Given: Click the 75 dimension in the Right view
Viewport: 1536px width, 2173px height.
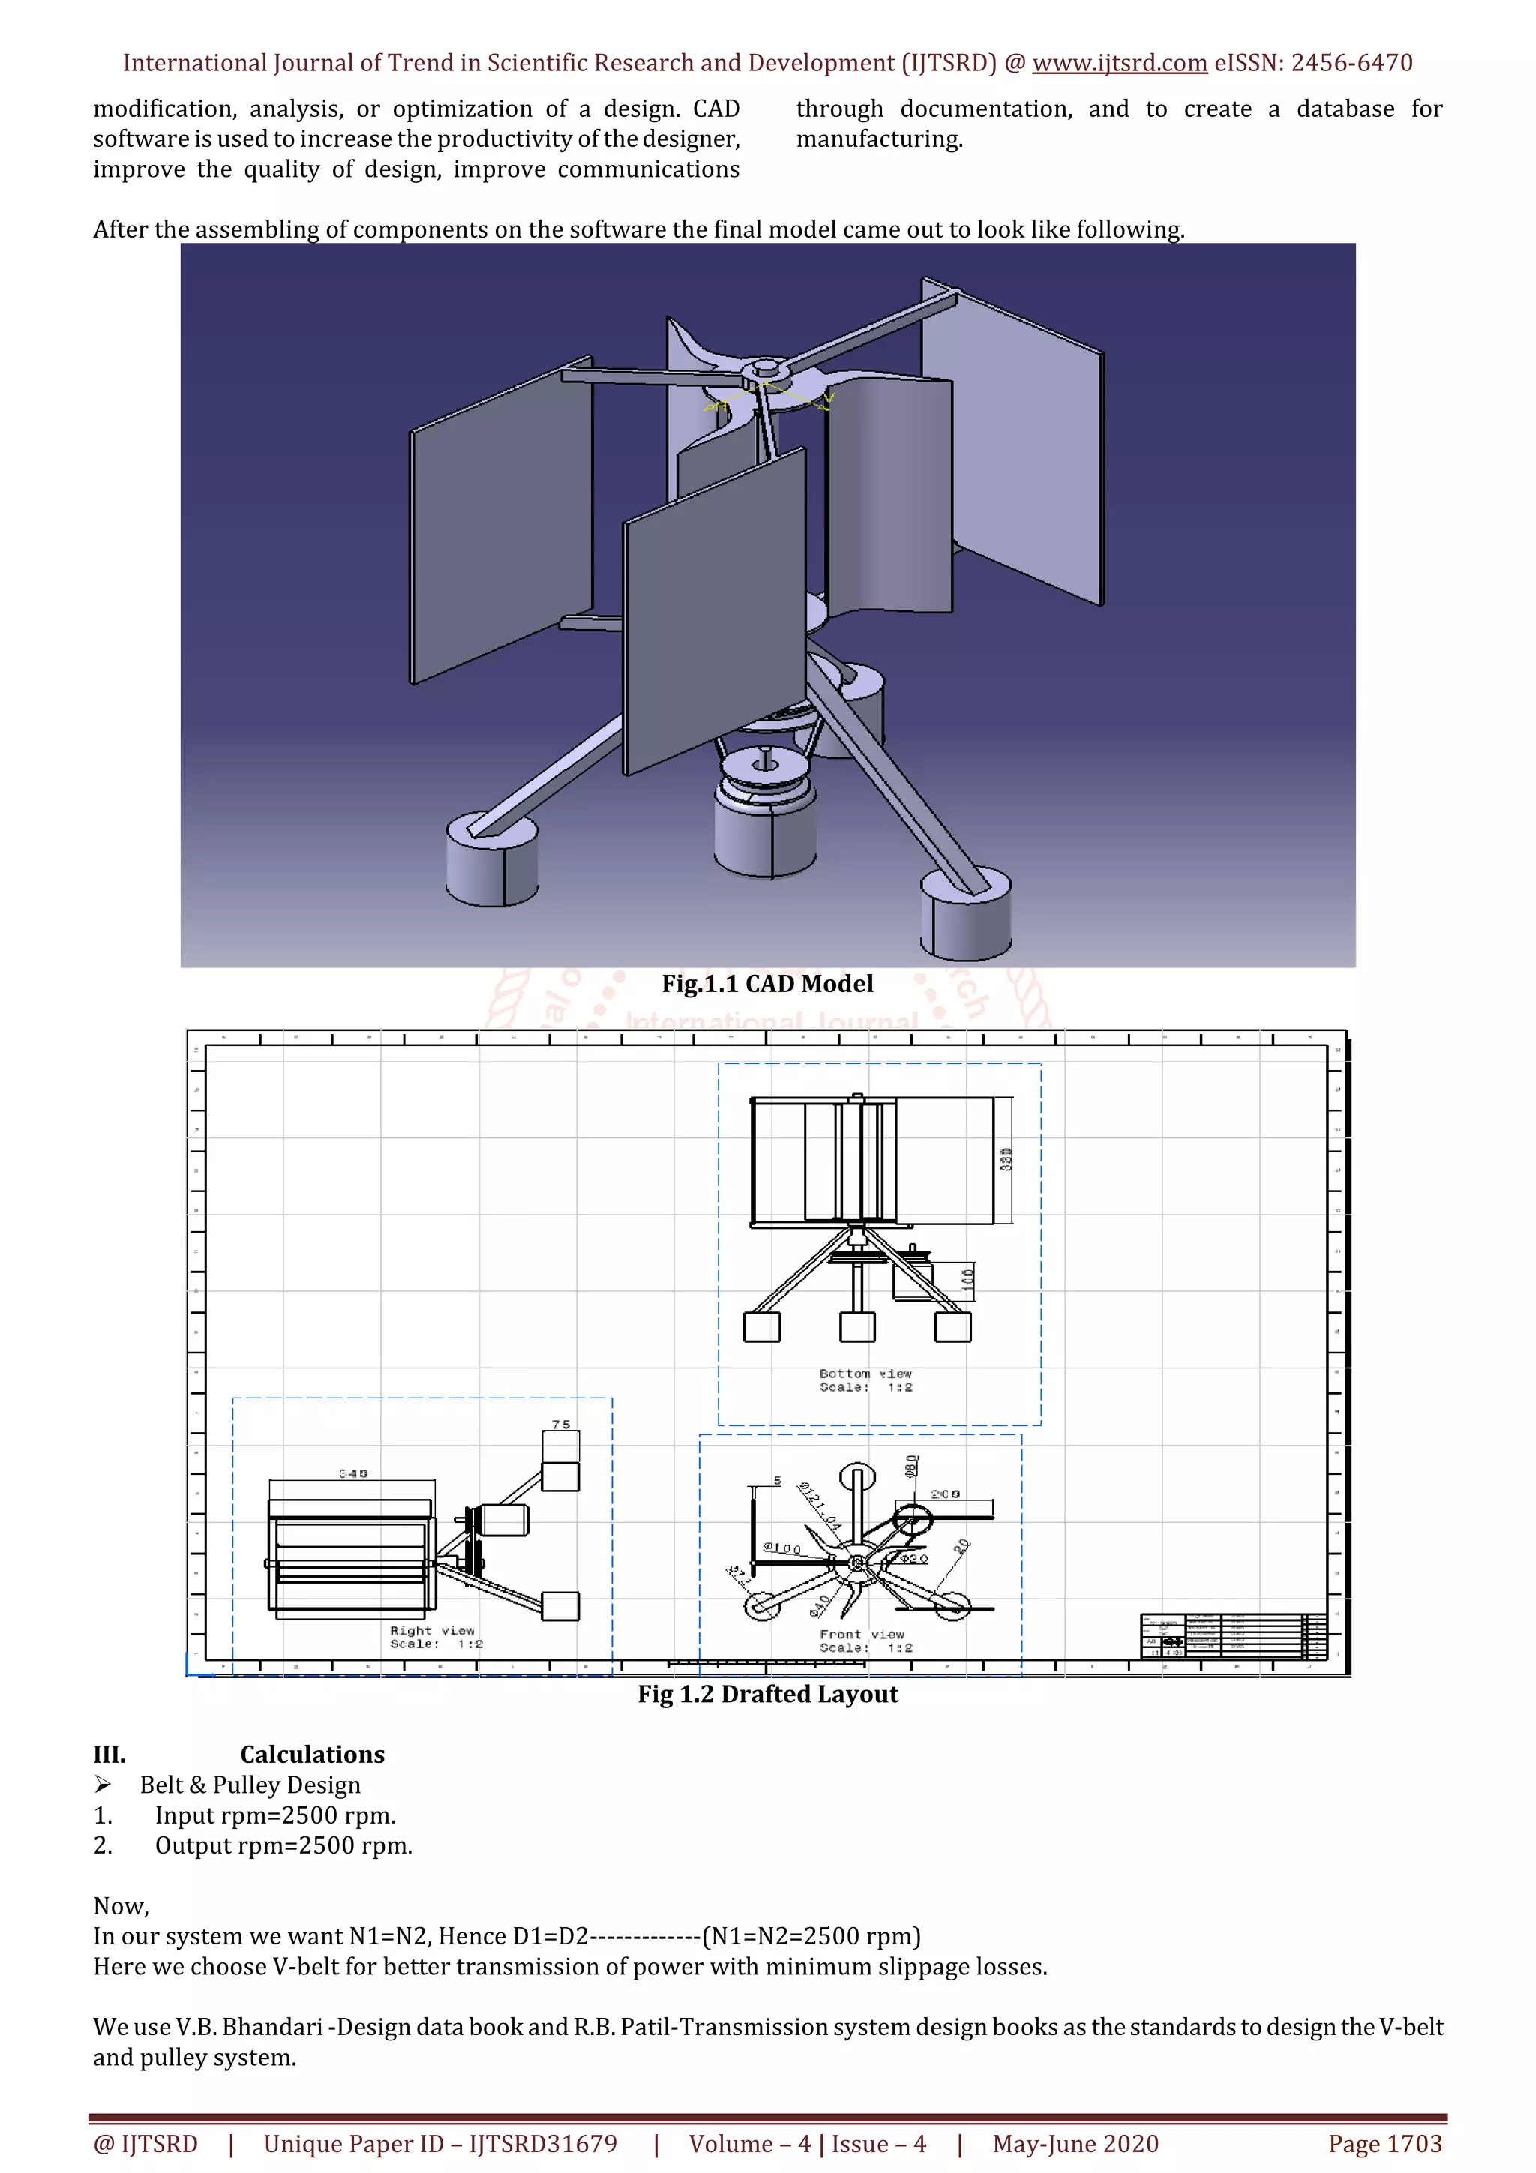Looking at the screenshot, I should point(560,1425).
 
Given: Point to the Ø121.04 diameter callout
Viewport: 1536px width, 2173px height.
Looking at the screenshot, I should point(820,1506).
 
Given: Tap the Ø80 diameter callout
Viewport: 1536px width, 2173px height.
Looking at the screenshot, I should point(911,1466).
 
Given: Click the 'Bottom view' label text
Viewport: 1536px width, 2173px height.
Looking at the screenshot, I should point(865,1373).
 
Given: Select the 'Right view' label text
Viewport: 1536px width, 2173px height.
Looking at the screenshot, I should point(431,1631).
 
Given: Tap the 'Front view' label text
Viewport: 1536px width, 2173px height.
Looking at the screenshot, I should point(861,1635).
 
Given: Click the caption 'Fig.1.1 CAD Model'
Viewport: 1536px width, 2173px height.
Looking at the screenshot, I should point(766,983).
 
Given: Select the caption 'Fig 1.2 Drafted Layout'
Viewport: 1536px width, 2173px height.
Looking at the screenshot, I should point(766,1694).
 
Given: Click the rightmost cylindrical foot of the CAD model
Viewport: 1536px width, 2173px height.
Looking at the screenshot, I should point(965,913).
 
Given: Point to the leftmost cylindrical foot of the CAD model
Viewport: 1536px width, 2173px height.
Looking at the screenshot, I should point(492,859).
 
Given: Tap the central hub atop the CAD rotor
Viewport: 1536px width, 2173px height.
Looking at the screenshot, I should point(765,368).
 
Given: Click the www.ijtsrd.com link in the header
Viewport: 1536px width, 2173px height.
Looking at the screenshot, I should point(1119,64).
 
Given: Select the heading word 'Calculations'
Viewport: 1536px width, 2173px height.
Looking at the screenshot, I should point(312,1754).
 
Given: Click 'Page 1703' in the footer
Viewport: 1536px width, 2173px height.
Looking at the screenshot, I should point(1384,2143).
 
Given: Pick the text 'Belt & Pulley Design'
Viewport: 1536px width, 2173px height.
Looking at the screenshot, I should point(250,1784).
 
